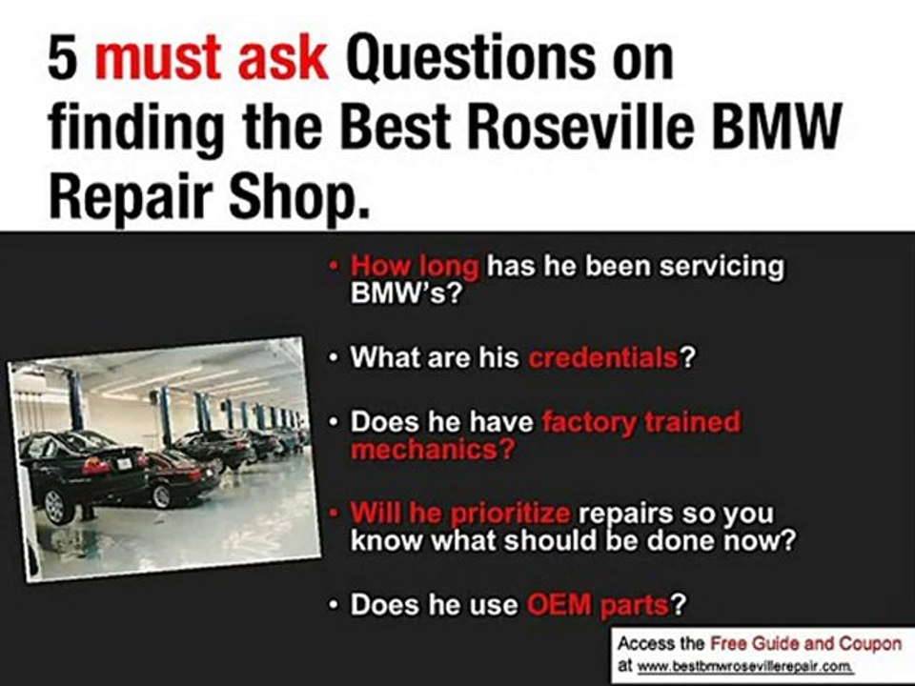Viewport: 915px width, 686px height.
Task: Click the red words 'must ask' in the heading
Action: point(212,59)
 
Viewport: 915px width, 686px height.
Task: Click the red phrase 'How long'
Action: point(415,266)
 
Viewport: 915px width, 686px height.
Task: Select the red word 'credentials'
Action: point(602,358)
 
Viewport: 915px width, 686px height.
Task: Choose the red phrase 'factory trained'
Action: point(640,422)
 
